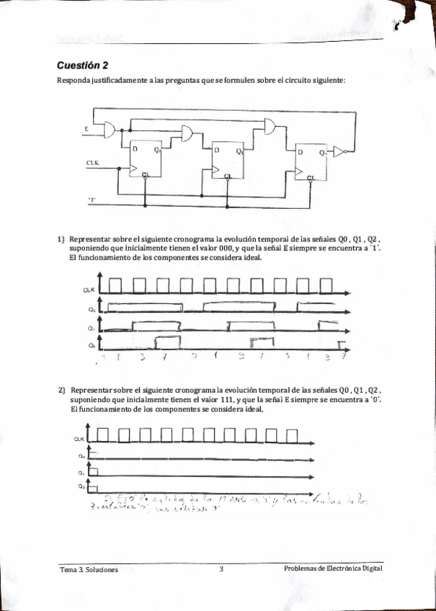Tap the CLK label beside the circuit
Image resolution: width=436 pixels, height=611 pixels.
point(92,163)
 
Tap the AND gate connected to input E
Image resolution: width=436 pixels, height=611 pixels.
point(110,129)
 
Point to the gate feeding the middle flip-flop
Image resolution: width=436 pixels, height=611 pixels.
point(190,134)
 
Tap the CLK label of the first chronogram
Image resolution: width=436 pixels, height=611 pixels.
point(86,289)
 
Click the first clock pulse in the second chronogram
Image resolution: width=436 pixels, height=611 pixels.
point(103,434)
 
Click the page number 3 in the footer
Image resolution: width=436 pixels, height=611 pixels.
point(222,569)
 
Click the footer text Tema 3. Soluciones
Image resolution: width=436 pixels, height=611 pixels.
point(89,569)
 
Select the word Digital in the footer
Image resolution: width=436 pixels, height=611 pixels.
point(369,568)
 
